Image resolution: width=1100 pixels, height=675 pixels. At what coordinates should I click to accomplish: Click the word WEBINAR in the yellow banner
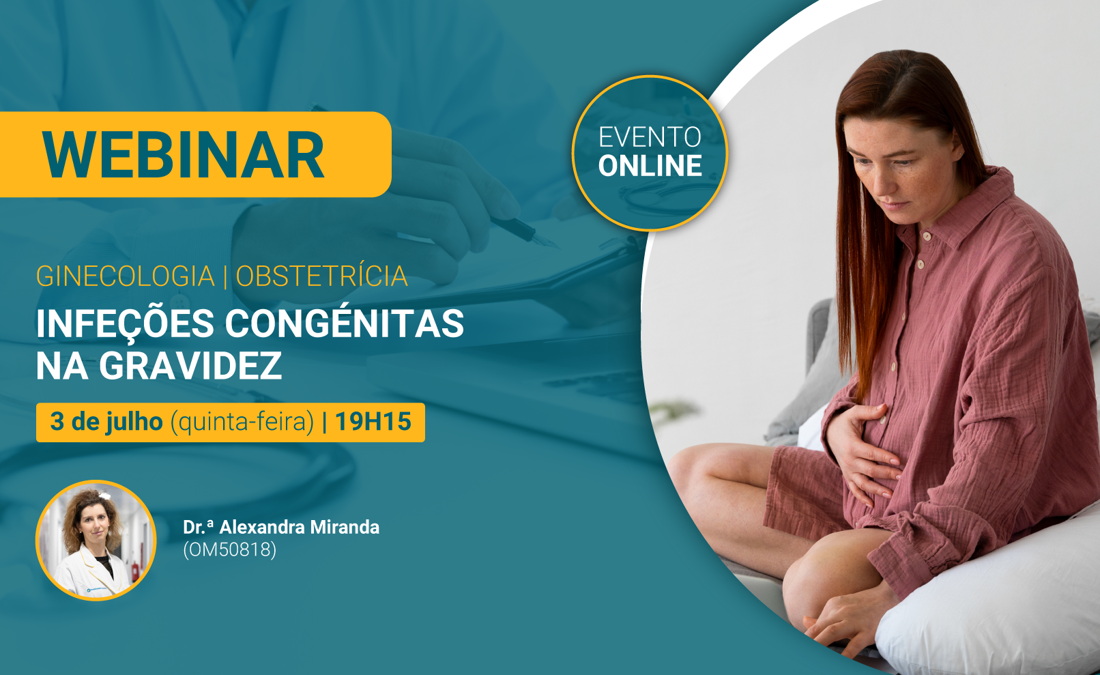click(183, 155)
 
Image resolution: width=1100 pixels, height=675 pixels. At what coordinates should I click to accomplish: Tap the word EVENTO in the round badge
click(650, 137)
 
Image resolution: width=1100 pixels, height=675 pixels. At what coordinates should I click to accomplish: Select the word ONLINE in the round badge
click(650, 166)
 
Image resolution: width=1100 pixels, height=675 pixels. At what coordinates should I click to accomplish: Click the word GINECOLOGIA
click(126, 276)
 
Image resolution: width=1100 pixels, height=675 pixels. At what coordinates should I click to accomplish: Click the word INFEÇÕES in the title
click(125, 324)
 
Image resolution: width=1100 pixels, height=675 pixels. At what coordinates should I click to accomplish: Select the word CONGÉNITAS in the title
click(344, 323)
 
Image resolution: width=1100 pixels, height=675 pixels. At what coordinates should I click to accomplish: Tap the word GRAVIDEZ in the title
click(190, 366)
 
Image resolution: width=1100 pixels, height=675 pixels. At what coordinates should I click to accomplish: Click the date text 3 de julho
click(106, 422)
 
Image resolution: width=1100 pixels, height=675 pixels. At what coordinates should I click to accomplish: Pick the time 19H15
click(373, 422)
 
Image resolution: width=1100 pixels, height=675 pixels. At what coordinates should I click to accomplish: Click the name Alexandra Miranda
click(299, 527)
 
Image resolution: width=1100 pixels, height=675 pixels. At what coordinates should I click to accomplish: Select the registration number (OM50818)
click(230, 549)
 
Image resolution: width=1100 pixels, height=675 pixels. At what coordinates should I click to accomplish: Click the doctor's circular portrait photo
click(96, 541)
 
